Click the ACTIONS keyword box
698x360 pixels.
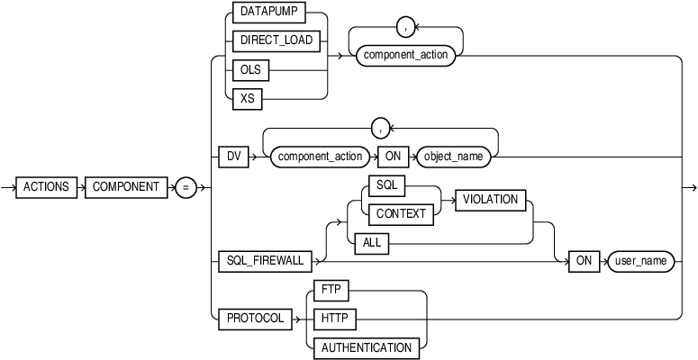pos(48,187)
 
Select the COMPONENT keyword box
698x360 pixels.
pos(125,187)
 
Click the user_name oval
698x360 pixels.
pos(640,261)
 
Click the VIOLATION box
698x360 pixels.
pos(492,200)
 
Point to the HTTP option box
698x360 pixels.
pos(334,319)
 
